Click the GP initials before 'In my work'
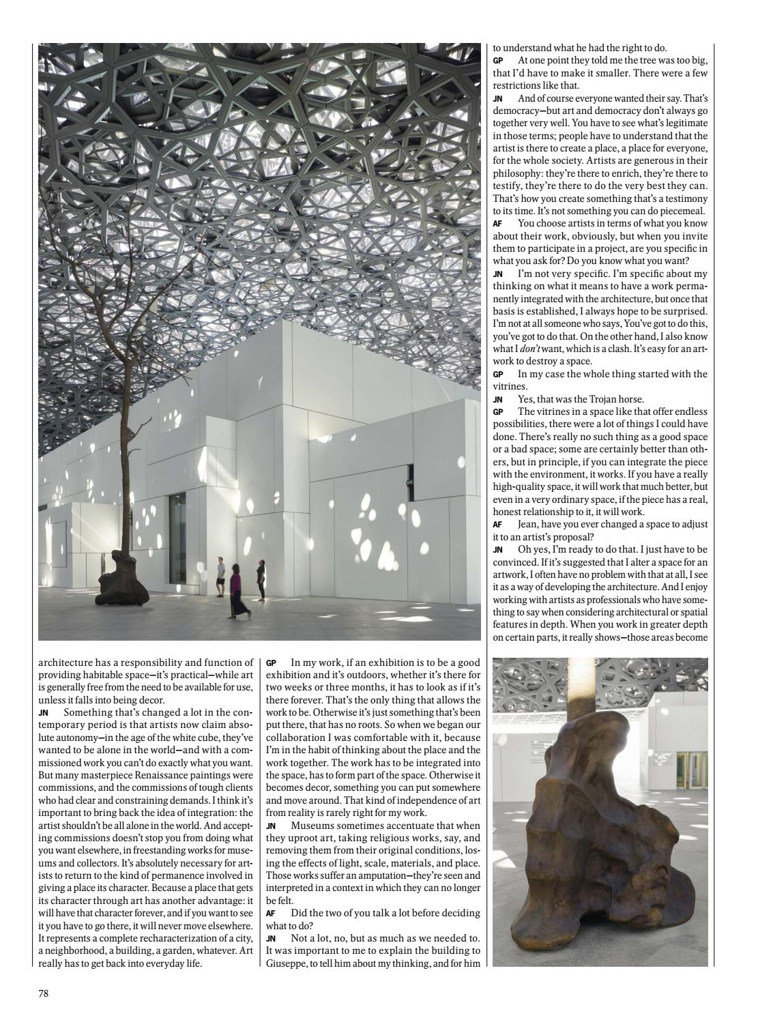pos(271,662)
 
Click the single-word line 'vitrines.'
pos(506,386)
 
